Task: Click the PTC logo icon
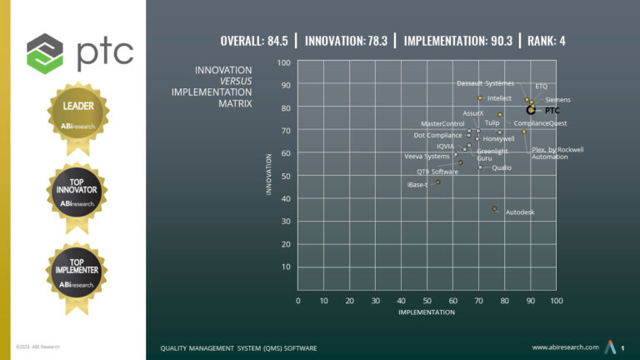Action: click(44, 52)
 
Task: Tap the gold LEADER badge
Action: click(77, 114)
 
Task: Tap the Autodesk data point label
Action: click(520, 212)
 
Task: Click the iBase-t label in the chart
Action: click(417, 184)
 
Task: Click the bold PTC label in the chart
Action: click(552, 110)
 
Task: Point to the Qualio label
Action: click(502, 167)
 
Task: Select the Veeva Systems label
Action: click(427, 156)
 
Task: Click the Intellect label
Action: click(499, 98)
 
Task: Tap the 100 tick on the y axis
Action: click(283, 62)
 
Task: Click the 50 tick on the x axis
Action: click(427, 301)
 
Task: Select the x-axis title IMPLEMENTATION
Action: click(427, 312)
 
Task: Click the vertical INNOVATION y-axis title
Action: click(268, 173)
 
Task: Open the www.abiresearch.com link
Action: click(565, 347)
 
